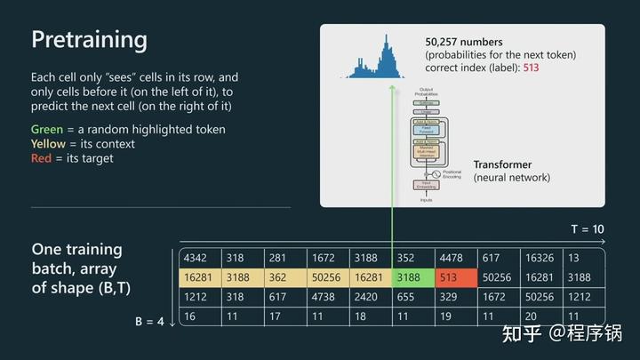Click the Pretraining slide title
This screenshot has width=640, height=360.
pyautogui.click(x=89, y=40)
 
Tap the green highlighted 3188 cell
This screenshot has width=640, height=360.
pyautogui.click(x=413, y=277)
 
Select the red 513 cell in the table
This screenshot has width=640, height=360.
pyautogui.click(x=456, y=277)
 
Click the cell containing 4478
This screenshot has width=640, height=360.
pyautogui.click(x=456, y=258)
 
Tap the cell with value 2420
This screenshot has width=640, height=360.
pyautogui.click(x=370, y=297)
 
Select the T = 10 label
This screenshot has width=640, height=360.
pyautogui.click(x=587, y=229)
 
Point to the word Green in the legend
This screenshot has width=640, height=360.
pyautogui.click(x=47, y=130)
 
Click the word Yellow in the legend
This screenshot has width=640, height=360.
pyautogui.click(x=48, y=144)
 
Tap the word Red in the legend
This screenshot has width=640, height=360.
pyautogui.click(x=42, y=158)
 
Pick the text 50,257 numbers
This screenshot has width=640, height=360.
pyautogui.click(x=463, y=42)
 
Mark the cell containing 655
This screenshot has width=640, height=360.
pyautogui.click(x=413, y=297)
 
